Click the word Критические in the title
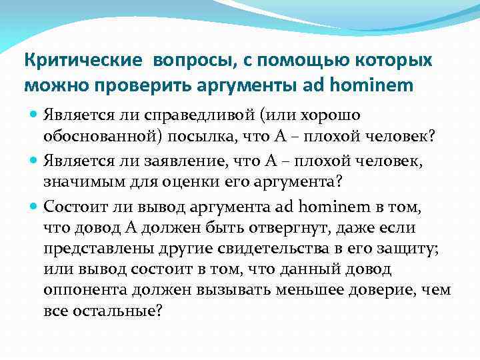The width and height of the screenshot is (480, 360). (83, 61)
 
